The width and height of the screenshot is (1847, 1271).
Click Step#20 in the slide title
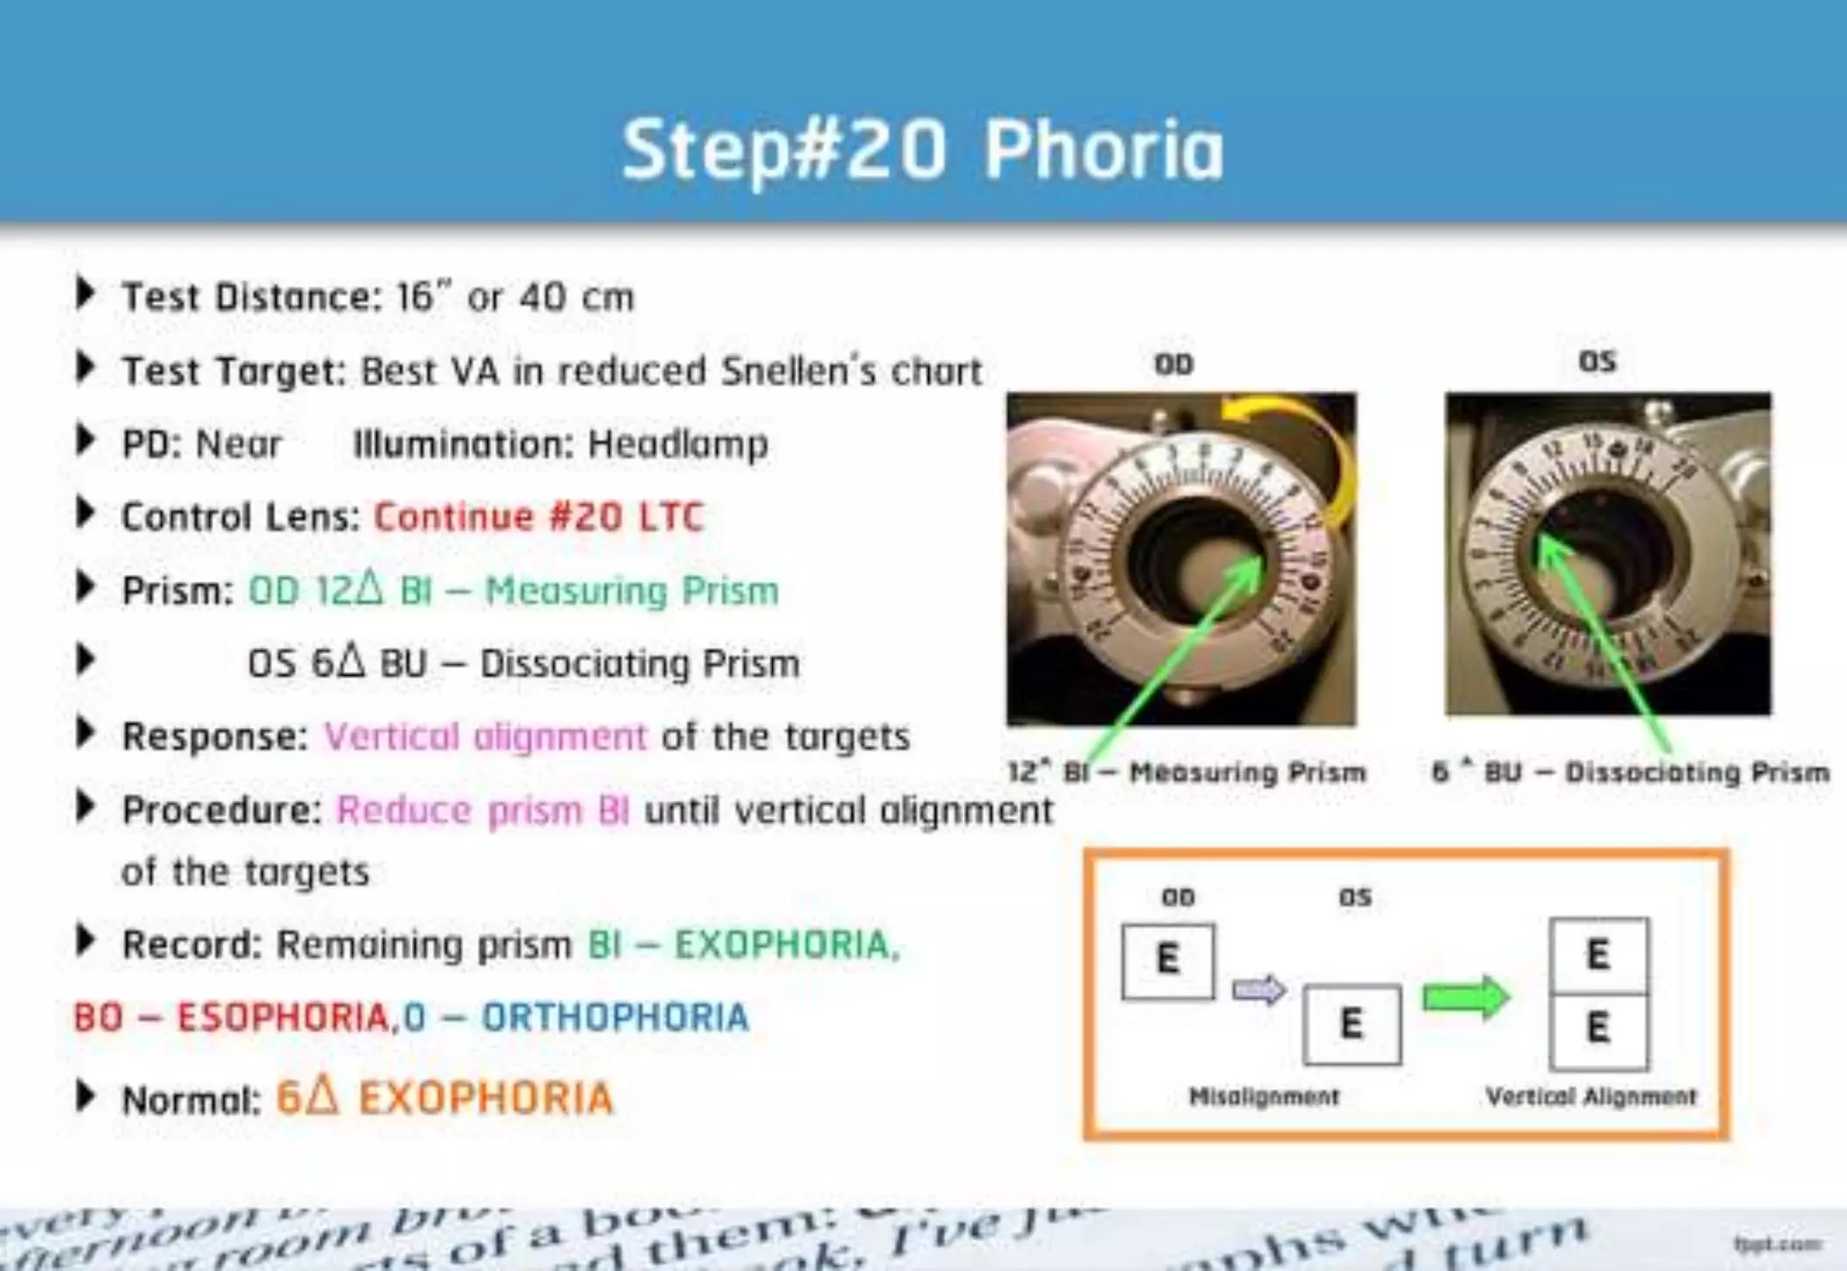[x=785, y=150]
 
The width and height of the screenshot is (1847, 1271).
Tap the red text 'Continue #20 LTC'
[x=538, y=518]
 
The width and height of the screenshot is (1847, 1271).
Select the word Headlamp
[x=677, y=445]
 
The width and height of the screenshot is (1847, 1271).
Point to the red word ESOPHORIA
[x=282, y=1018]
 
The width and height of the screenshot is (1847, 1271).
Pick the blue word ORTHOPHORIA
[x=615, y=1018]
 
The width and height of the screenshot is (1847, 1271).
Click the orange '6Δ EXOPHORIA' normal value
[x=445, y=1099]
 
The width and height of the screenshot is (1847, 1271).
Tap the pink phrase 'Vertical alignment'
[x=485, y=737]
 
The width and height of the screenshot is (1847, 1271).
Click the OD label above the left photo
[x=1174, y=364]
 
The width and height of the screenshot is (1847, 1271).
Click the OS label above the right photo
[x=1597, y=362]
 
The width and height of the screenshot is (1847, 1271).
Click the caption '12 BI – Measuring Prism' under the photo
[x=1187, y=772]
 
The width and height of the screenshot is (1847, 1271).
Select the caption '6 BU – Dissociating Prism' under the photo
[x=1631, y=772]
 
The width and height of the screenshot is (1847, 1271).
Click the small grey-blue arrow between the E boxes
[x=1259, y=990]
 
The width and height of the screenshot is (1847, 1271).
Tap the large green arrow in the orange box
[x=1466, y=997]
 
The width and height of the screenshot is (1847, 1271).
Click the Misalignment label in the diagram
[x=1263, y=1097]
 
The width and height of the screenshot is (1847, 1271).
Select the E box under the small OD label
[x=1168, y=960]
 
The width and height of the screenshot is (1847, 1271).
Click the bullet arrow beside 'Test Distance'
[x=85, y=293]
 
